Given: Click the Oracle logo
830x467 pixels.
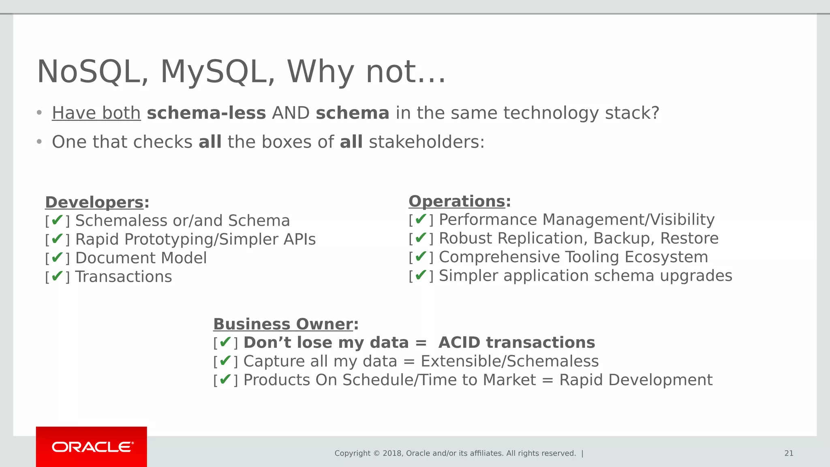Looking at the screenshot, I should tap(92, 447).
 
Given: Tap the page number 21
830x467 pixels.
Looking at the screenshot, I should tap(789, 453).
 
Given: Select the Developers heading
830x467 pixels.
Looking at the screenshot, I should tap(94, 202).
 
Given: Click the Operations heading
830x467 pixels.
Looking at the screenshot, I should tap(457, 201).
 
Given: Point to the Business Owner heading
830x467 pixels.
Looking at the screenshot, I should tap(283, 324).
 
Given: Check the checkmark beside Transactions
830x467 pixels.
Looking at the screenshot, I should tap(57, 276).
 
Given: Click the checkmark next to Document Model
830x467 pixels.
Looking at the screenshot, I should tap(57, 257).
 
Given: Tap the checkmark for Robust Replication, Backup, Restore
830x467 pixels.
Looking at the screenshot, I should tap(421, 238).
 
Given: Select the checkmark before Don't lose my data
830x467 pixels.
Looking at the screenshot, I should tap(225, 342).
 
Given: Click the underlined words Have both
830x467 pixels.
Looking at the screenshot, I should tap(96, 113).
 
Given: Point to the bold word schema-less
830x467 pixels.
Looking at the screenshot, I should tap(206, 113).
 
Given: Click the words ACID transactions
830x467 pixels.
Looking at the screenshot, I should tap(517, 343).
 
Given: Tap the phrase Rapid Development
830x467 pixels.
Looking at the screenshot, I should tap(635, 380).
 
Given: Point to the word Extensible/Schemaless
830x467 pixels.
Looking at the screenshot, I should tap(509, 361).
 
